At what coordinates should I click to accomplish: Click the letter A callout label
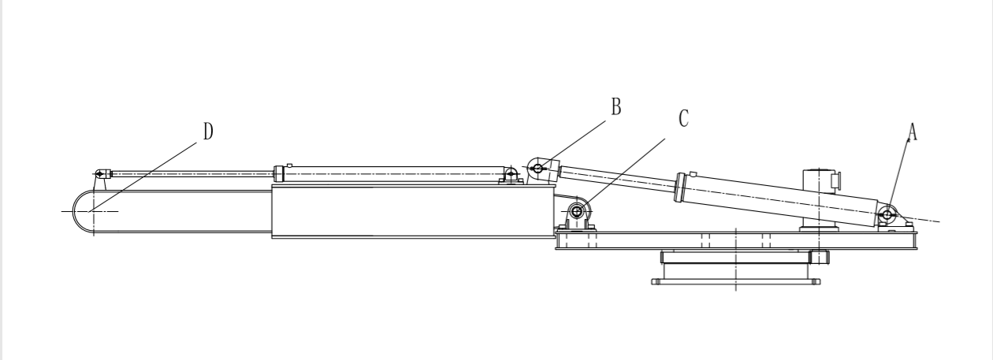[x=913, y=135]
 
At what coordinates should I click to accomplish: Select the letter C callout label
[x=683, y=119]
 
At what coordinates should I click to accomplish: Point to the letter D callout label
[x=207, y=132]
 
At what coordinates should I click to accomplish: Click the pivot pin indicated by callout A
[x=887, y=213]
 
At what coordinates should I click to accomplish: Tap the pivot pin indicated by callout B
[x=537, y=167]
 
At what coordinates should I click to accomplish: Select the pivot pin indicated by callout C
[x=577, y=211]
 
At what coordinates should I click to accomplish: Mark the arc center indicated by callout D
[x=93, y=211]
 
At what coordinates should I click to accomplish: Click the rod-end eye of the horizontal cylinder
[x=100, y=173]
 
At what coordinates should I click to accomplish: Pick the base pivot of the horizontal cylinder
[x=511, y=173]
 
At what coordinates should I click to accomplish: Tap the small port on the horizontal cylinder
[x=290, y=165]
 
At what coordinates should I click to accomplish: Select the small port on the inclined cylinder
[x=693, y=175]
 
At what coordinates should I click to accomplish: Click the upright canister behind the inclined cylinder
[x=819, y=197]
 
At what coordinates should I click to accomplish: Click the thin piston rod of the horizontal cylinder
[x=189, y=173]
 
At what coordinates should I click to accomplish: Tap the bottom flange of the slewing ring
[x=735, y=281]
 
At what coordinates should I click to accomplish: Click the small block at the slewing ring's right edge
[x=819, y=257]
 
